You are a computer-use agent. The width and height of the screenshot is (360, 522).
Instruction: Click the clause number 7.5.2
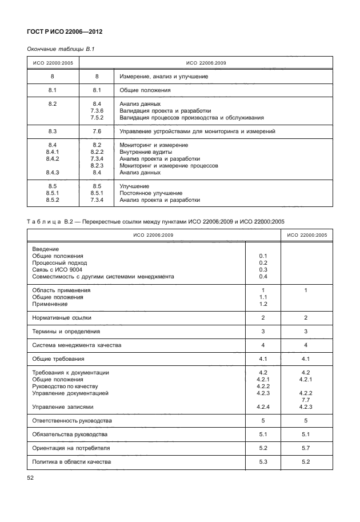(x=97, y=117)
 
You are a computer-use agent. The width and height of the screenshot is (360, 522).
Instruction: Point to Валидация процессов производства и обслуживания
(x=191, y=117)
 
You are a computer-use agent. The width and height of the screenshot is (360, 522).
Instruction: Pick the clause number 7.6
(x=97, y=132)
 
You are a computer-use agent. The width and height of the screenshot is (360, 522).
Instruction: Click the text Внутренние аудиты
(x=146, y=152)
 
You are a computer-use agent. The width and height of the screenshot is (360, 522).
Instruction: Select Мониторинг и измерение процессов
(x=169, y=165)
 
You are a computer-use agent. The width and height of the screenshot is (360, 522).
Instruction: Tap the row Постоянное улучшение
(x=151, y=193)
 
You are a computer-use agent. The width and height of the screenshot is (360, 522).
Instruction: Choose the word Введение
(x=46, y=249)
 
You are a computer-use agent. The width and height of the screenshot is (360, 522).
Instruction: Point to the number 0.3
(x=263, y=269)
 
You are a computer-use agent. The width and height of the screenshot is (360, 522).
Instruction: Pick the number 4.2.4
(x=263, y=407)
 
